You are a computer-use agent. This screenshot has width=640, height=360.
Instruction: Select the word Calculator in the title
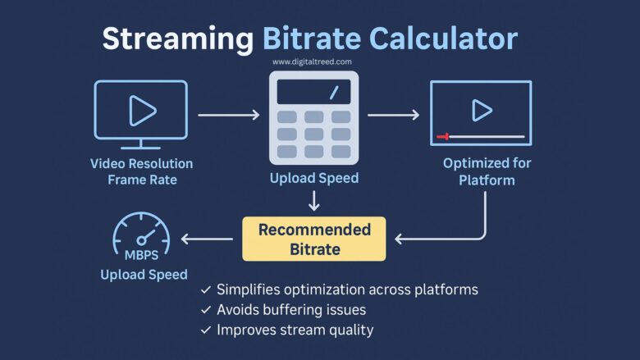(442, 39)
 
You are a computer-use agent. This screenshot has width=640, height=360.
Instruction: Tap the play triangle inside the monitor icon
(142, 109)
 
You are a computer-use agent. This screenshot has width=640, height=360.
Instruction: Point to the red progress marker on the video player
(443, 136)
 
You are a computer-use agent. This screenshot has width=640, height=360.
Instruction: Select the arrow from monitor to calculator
(227, 115)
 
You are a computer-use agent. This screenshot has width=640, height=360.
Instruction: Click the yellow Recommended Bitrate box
(314, 239)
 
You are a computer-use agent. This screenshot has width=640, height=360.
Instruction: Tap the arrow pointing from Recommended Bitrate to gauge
(207, 239)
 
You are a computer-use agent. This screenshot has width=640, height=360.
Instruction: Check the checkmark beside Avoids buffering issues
(205, 310)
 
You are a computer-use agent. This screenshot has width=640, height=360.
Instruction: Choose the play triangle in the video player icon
(482, 109)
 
